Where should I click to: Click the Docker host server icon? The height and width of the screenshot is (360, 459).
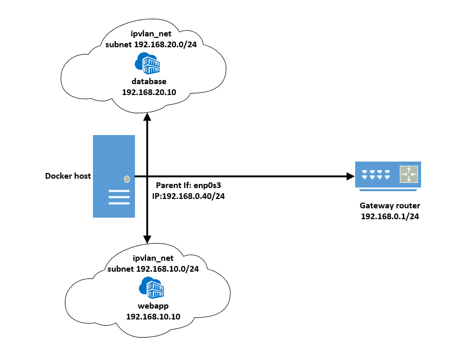click(x=114, y=176)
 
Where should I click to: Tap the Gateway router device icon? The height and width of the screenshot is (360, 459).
click(x=388, y=175)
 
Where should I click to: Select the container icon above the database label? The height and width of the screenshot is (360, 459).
click(x=147, y=64)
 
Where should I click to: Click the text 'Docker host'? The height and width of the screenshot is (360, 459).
click(x=68, y=176)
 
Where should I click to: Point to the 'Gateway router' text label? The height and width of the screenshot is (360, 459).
click(x=389, y=206)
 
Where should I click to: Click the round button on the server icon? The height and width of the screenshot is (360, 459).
click(x=126, y=179)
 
